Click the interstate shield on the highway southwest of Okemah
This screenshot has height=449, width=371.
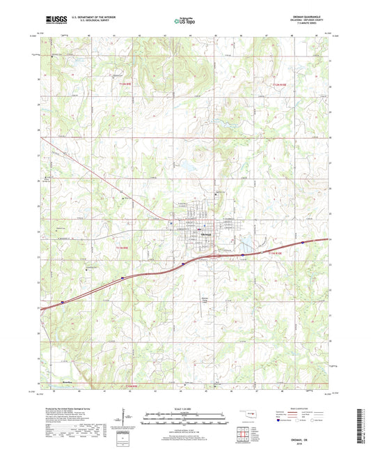click(x=124, y=278)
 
